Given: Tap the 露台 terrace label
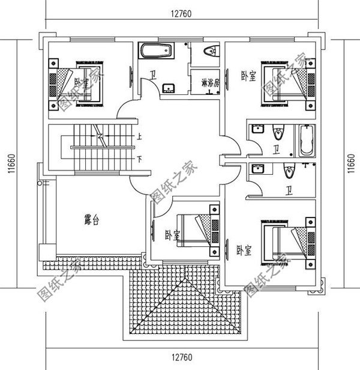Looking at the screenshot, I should pyautogui.click(x=91, y=221).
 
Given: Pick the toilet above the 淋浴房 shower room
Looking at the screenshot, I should pyautogui.click(x=208, y=51).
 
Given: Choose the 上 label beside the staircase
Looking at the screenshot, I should pyautogui.click(x=139, y=136).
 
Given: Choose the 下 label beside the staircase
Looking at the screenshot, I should pyautogui.click(x=139, y=159).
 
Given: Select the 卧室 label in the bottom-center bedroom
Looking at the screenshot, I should pyautogui.click(x=172, y=235).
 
